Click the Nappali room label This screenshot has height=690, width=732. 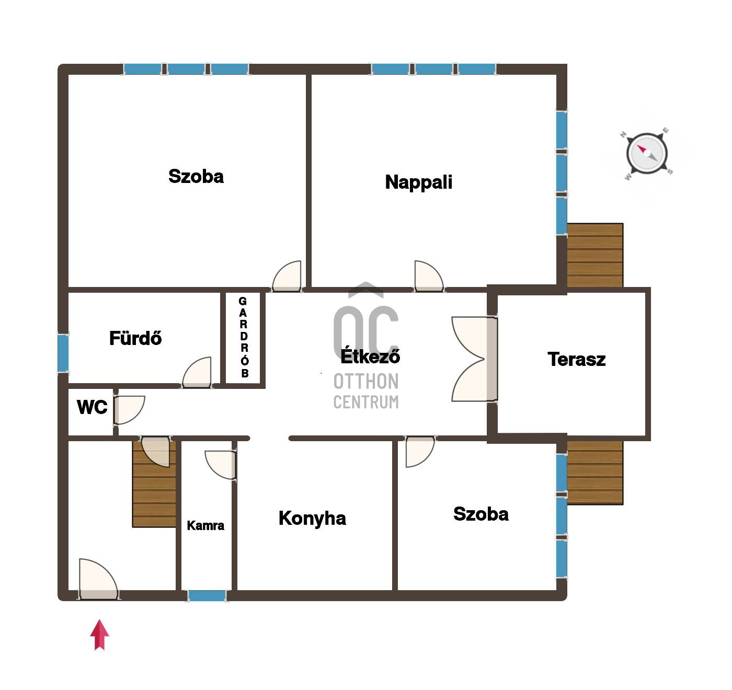418,182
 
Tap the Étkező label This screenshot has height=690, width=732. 370,355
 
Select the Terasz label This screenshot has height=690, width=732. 577,360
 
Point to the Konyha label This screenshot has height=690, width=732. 312,518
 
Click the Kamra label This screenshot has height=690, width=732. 205,525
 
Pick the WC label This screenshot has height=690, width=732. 92,407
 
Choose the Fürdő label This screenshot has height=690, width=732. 135,338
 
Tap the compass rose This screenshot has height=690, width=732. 647,153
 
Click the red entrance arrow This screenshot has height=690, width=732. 99,635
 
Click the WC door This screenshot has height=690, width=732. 129,410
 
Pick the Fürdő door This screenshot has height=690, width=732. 197,372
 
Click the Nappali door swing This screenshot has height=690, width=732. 429,276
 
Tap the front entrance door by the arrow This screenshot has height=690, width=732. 98,579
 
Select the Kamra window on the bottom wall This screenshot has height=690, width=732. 207,595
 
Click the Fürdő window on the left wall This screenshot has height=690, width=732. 63,353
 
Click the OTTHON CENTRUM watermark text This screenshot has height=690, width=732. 366,392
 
